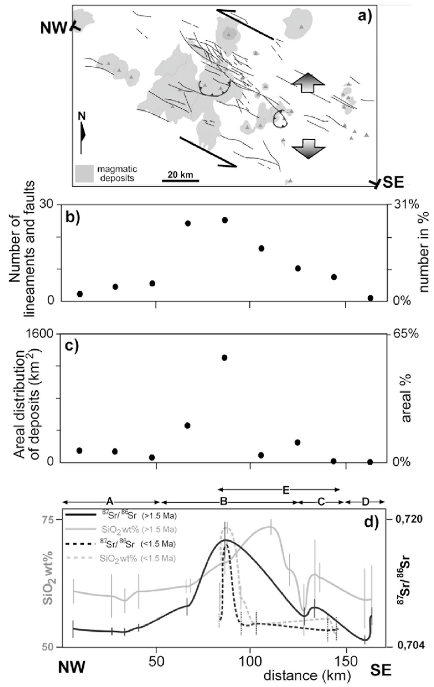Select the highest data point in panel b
coord(224,220)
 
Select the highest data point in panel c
coord(224,358)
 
